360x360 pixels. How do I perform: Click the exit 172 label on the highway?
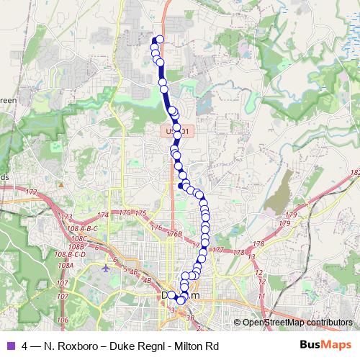pyautogui.click(x=30, y=192)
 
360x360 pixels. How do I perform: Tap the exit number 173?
pyautogui.click(x=67, y=217)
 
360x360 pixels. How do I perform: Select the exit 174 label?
pyautogui.click(x=104, y=215)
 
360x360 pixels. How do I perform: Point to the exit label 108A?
pyautogui.click(x=66, y=265)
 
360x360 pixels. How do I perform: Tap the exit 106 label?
pyautogui.click(x=63, y=319)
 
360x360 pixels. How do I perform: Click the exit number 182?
pyautogui.click(x=354, y=173)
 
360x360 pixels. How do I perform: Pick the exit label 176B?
pyautogui.click(x=174, y=234)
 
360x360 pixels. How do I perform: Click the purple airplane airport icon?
pyautogui.click(x=107, y=269)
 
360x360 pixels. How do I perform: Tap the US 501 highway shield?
pyautogui.click(x=176, y=131)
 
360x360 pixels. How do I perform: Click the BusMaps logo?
pyautogui.click(x=330, y=346)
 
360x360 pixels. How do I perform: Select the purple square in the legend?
pyautogui.click(x=9, y=346)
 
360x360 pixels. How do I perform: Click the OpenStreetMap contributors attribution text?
pyautogui.click(x=297, y=323)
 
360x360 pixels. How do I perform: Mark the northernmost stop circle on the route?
pyautogui.click(x=160, y=40)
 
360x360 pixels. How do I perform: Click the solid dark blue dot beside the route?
pyautogui.click(x=180, y=186)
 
